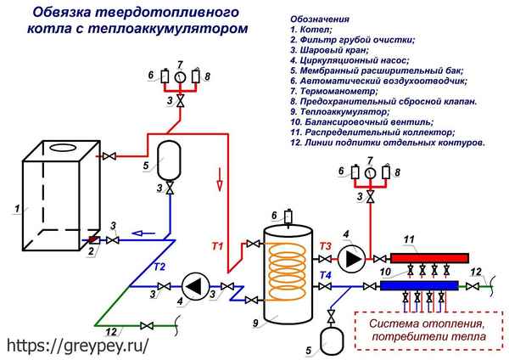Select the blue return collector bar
click(x=420, y=285)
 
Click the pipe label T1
click(x=218, y=246)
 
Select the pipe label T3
click(x=326, y=247)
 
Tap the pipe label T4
click(x=326, y=274)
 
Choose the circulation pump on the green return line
click(x=194, y=285)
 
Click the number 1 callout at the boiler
click(x=16, y=207)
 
